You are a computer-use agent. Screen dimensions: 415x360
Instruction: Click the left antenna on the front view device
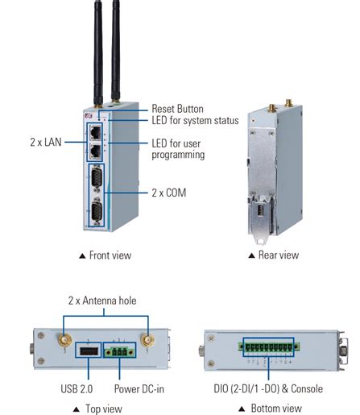[96, 48]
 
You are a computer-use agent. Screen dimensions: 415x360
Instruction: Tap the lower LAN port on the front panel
[96, 151]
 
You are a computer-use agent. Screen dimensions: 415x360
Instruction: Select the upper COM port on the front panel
[96, 178]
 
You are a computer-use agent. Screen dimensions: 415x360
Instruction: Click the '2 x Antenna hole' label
[101, 301]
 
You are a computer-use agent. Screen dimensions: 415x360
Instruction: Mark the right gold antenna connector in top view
[147, 342]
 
